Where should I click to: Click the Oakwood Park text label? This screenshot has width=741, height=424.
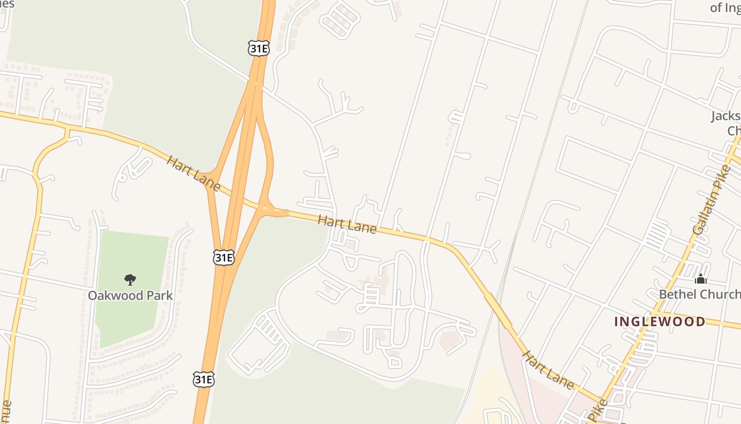pyautogui.click(x=130, y=295)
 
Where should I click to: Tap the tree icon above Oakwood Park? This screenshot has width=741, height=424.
pyautogui.click(x=130, y=279)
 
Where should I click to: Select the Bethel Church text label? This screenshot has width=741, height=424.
pyautogui.click(x=699, y=294)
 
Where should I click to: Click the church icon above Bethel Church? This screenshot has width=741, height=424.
pyautogui.click(x=701, y=278)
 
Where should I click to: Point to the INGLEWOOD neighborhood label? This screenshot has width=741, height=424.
pyautogui.click(x=659, y=321)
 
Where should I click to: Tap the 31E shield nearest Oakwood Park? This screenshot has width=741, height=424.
pyautogui.click(x=223, y=258)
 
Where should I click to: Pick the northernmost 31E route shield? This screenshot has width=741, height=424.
pyautogui.click(x=258, y=49)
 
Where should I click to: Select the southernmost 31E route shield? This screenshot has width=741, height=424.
pyautogui.click(x=204, y=378)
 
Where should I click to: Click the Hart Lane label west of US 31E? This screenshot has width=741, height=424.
pyautogui.click(x=193, y=170)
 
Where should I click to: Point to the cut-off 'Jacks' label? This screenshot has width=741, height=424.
pyautogui.click(x=726, y=116)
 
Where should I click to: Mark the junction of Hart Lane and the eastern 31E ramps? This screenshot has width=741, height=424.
pyautogui.click(x=266, y=209)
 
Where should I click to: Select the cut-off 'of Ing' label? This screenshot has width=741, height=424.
pyautogui.click(x=725, y=7)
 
